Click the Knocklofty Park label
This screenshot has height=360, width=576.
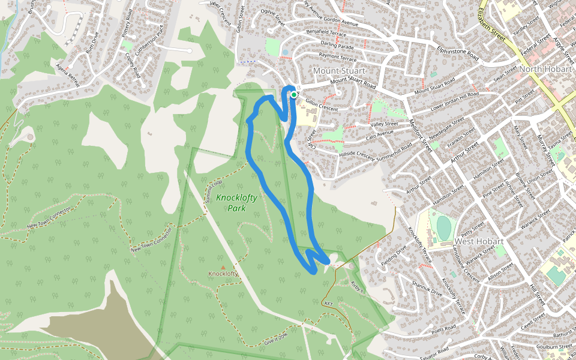point(231,203)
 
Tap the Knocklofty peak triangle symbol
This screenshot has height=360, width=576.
point(223,268)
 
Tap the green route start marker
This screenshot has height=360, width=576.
point(294,94)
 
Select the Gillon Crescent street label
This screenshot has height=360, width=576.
point(322,104)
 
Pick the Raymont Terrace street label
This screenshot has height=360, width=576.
point(338,56)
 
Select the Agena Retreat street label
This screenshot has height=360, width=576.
point(67,75)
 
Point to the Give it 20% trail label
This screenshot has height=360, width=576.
point(280,340)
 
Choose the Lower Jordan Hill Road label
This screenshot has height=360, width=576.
point(455,102)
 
